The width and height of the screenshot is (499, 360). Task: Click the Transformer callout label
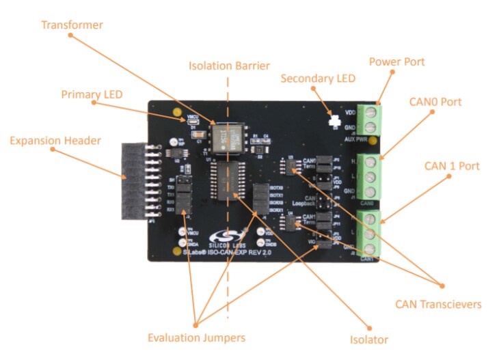pyautogui.click(x=72, y=25)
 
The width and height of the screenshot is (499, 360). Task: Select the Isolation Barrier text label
pyautogui.click(x=229, y=66)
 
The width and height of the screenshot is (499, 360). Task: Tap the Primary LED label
pyautogui.click(x=92, y=94)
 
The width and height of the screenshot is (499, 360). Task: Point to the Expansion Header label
pyautogui.click(x=55, y=141)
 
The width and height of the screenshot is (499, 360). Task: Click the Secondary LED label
pyautogui.click(x=318, y=79)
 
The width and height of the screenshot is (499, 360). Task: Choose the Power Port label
pyautogui.click(x=396, y=62)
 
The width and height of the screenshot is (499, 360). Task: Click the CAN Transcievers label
pyautogui.click(x=437, y=304)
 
